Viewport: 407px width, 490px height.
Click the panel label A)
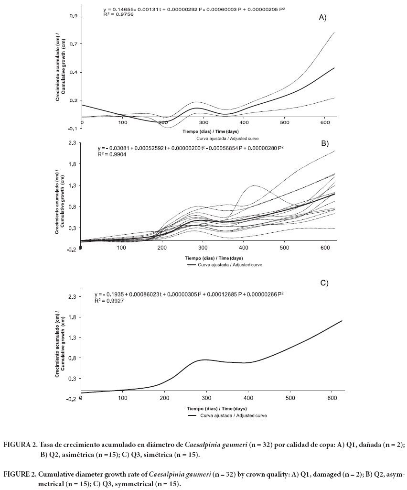(x=322, y=18)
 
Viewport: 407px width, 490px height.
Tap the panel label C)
(x=324, y=283)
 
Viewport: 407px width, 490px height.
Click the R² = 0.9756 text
(x=118, y=15)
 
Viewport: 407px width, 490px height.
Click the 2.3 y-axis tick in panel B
(x=74, y=143)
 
